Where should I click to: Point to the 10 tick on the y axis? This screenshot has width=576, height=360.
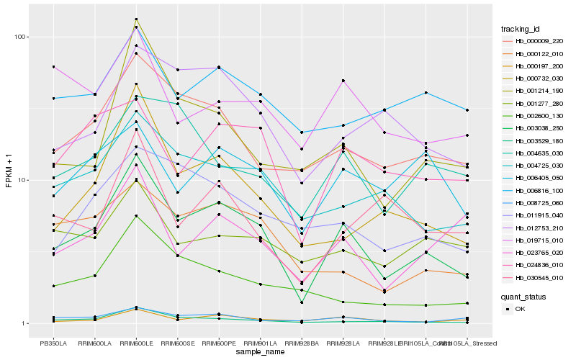tap(24, 180)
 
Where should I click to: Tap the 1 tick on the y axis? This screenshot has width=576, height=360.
tap(26, 323)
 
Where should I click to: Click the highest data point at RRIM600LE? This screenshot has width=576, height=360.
tap(137, 19)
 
